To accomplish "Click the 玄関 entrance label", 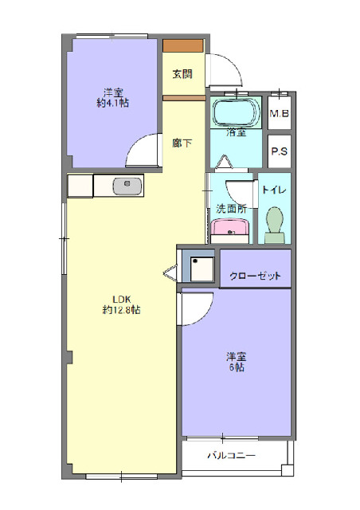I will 182,74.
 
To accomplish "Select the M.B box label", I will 278,113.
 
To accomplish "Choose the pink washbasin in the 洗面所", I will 230,231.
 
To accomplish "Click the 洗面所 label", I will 230,209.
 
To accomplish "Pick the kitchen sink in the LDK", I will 127,186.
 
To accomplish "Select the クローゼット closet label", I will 255,277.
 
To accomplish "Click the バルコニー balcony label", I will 231,457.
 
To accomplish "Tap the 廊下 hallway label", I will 182,143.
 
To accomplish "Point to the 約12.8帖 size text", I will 121,310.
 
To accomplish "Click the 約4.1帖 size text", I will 113,103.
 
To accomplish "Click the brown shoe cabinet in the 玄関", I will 183,45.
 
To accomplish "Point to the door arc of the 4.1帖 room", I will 145,151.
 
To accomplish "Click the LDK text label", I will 121,299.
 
